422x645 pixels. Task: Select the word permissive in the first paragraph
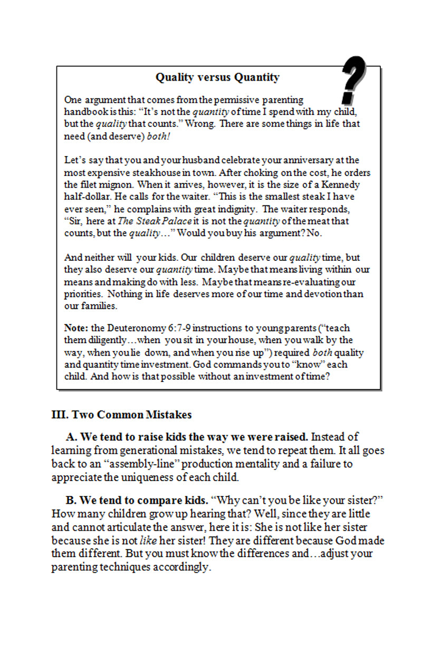(x=234, y=100)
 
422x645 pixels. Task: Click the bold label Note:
(x=76, y=328)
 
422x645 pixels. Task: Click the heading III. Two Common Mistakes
(x=121, y=415)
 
